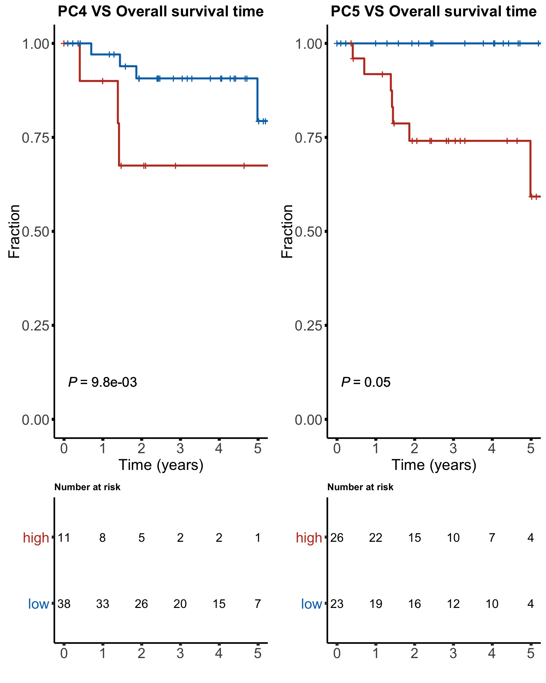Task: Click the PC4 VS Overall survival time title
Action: pos(161,12)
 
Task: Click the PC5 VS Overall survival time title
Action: pos(433,12)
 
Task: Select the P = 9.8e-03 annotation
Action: pos(102,382)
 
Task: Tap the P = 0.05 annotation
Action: pos(366,382)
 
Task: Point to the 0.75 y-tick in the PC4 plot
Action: pos(35,138)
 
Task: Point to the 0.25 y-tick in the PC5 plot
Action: pos(308,325)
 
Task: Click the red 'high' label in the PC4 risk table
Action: pos(36,538)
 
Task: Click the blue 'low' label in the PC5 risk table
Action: pos(311,604)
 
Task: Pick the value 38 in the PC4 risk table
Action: pos(64,604)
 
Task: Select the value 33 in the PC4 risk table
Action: pos(102,604)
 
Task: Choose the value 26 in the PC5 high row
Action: pos(337,538)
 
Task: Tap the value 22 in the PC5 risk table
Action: pos(375,538)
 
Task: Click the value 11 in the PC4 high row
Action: pos(64,538)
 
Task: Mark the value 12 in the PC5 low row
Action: pos(453,604)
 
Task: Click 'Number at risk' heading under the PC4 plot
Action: pos(87,487)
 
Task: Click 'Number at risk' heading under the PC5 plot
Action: pos(360,487)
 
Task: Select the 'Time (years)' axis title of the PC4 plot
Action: pos(161,465)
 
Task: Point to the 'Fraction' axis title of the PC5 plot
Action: pos(287,231)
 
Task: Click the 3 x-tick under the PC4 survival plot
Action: pos(180,449)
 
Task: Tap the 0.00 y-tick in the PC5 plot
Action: pos(308,420)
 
